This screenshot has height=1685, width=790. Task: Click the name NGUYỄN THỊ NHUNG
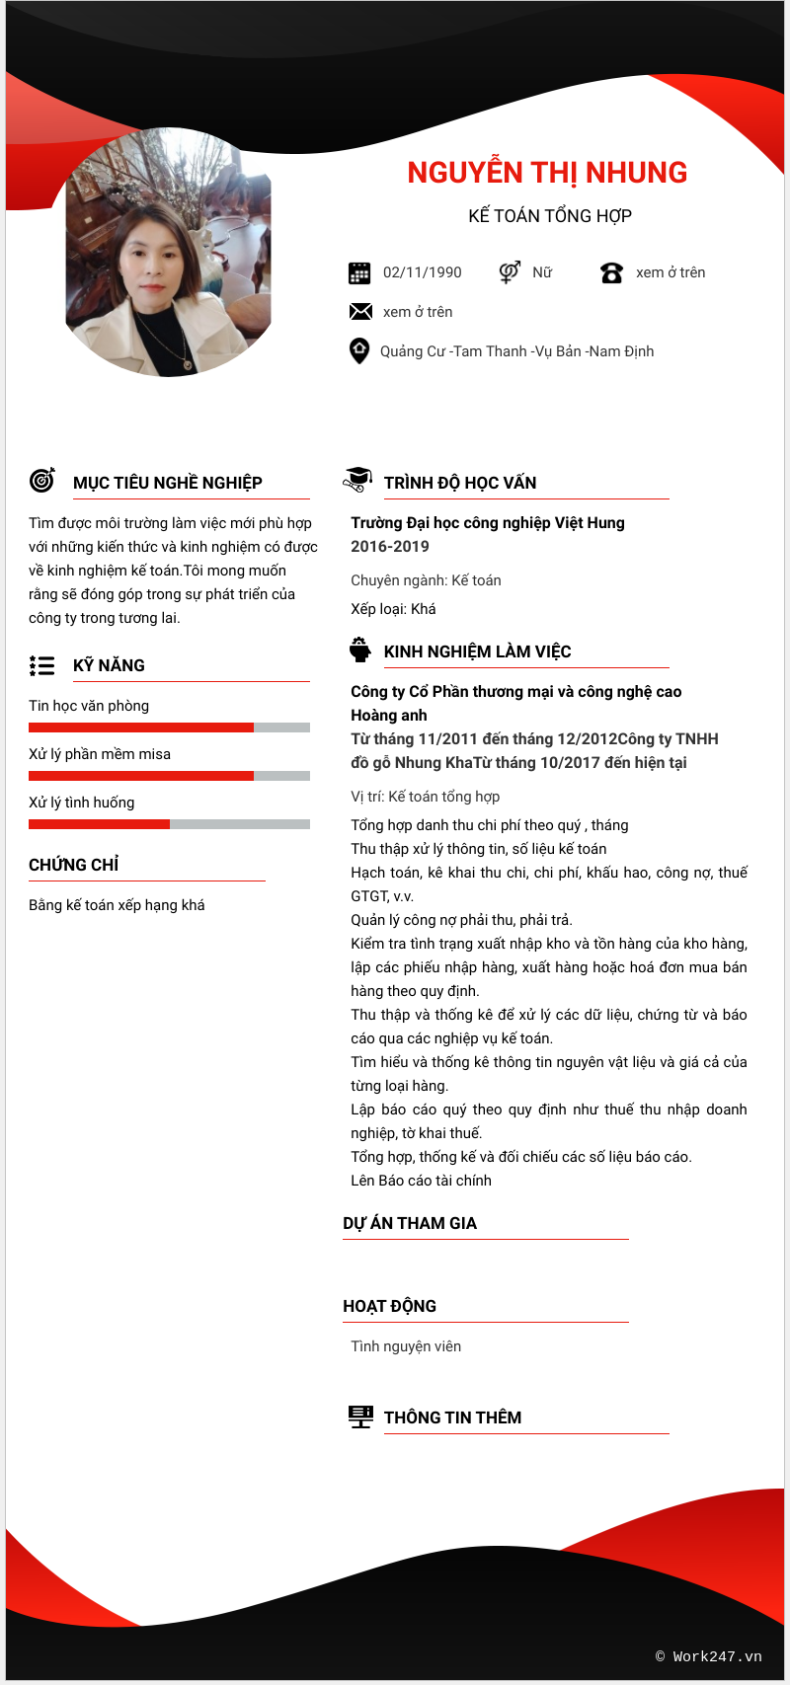[547, 173]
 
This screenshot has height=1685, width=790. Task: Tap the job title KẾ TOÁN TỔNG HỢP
[550, 216]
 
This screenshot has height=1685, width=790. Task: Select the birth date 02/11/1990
[422, 272]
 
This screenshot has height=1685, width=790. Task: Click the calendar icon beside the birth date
[359, 273]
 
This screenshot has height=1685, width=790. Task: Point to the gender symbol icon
[510, 272]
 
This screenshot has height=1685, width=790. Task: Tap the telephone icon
[611, 273]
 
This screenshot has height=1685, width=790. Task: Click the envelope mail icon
[360, 312]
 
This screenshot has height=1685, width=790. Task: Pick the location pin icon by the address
[359, 351]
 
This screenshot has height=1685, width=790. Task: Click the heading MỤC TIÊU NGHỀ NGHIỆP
[168, 483]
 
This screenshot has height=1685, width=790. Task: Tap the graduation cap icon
[357, 480]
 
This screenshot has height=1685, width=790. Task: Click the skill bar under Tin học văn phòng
[169, 728]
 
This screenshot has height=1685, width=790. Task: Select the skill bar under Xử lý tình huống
[169, 824]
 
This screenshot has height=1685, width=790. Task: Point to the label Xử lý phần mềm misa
[100, 754]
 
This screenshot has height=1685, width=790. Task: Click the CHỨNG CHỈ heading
[74, 865]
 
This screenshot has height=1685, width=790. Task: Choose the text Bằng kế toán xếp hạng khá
[117, 905]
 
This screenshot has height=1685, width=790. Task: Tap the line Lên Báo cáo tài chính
[421, 1181]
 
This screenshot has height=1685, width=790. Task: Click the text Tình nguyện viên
[406, 1346]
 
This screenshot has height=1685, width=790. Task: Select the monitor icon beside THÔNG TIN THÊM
[360, 1417]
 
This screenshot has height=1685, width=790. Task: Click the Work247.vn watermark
[709, 1656]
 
